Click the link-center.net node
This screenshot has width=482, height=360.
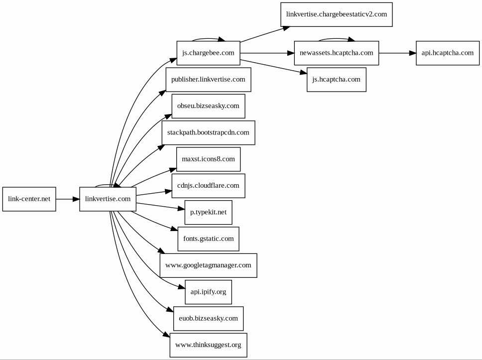29,199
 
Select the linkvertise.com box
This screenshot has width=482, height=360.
108,199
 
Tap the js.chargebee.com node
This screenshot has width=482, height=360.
209,53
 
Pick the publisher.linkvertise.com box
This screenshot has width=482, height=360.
209,80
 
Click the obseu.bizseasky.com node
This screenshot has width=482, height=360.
209,106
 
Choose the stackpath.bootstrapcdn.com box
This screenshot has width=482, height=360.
209,133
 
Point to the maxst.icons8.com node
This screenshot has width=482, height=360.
209,159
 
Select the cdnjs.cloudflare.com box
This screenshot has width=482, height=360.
209,186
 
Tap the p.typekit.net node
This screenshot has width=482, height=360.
209,213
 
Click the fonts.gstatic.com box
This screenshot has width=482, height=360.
209,239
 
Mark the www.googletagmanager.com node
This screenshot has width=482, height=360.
209,265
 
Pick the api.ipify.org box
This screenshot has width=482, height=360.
209,292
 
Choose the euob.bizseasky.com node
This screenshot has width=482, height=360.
209,319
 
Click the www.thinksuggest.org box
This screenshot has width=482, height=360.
209,345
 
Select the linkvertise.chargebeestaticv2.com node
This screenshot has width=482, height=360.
337,14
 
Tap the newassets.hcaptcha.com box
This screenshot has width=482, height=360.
337,53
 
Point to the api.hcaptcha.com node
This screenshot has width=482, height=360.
448,53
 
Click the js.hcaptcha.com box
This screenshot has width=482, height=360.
337,80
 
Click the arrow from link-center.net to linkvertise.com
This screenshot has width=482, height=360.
68,199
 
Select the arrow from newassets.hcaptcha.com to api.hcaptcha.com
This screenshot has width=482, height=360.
397,53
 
